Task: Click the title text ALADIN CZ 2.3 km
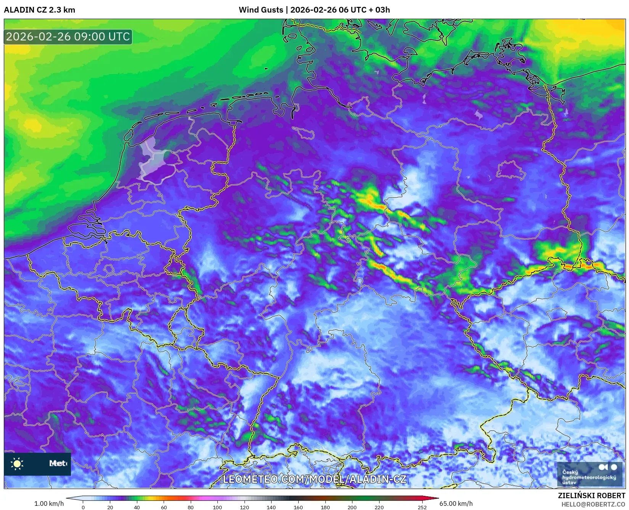[39, 10]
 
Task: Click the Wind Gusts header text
[261, 10]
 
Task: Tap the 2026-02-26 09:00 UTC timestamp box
[68, 37]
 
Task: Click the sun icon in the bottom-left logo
[17, 463]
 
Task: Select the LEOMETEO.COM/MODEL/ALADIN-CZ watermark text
[314, 479]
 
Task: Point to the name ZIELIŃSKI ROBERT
[592, 496]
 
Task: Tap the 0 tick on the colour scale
[83, 507]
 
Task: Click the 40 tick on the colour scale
[137, 507]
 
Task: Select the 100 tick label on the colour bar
[217, 507]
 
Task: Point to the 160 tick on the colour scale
[298, 507]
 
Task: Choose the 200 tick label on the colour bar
[352, 507]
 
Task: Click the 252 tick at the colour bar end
[422, 507]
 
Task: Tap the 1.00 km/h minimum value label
[49, 504]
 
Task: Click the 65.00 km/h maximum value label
[456, 504]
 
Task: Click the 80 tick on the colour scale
[191, 507]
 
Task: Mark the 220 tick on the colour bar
[379, 507]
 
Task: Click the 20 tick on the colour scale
[110, 507]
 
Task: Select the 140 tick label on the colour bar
[271, 507]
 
